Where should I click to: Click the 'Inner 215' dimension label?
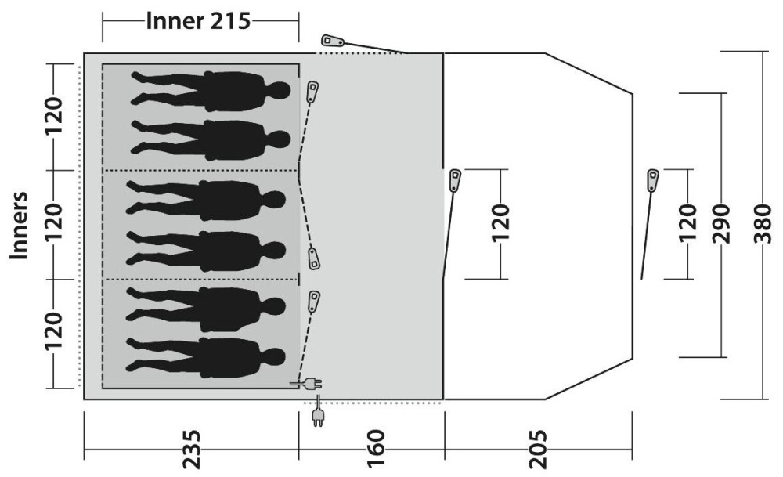point(198,21)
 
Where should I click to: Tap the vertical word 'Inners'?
point(19,226)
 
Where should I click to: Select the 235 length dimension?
point(191,449)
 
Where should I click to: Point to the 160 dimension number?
point(376,449)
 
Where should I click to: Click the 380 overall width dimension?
point(763,223)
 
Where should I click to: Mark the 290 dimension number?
point(721,223)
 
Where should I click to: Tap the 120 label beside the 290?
point(687,223)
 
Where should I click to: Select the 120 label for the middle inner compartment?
point(54,222)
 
